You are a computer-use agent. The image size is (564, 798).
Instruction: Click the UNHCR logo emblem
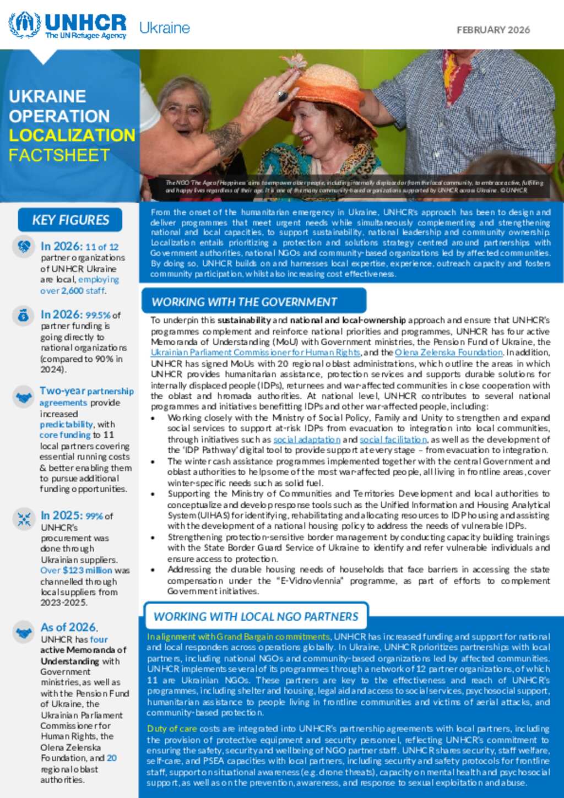(x=25, y=25)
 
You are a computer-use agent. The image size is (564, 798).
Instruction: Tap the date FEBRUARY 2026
(x=493, y=30)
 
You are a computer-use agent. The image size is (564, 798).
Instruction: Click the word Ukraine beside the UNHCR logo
(x=164, y=28)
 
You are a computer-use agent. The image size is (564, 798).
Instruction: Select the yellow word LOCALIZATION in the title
(x=72, y=135)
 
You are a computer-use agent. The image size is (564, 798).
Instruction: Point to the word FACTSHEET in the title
(x=59, y=155)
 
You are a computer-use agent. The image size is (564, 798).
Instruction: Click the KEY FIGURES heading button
(x=70, y=220)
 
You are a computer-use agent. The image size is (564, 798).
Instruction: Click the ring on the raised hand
(x=283, y=96)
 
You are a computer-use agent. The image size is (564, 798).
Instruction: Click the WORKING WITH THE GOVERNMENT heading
(x=245, y=302)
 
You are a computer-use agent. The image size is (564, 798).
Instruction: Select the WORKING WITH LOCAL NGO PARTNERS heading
(x=256, y=617)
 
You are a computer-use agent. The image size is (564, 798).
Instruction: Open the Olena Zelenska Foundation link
(x=448, y=352)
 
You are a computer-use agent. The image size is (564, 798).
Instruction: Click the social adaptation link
(x=307, y=439)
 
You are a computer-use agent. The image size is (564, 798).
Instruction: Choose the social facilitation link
(x=393, y=439)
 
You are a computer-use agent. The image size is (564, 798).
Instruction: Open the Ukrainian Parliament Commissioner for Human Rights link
(x=256, y=352)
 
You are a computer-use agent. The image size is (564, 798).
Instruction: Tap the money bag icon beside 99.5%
(x=23, y=316)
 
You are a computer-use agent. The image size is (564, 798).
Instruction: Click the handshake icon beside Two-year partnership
(x=24, y=397)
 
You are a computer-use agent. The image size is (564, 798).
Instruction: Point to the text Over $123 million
(x=76, y=571)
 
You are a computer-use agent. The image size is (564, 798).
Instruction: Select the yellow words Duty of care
(x=171, y=729)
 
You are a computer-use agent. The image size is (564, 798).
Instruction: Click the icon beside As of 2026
(x=24, y=633)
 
